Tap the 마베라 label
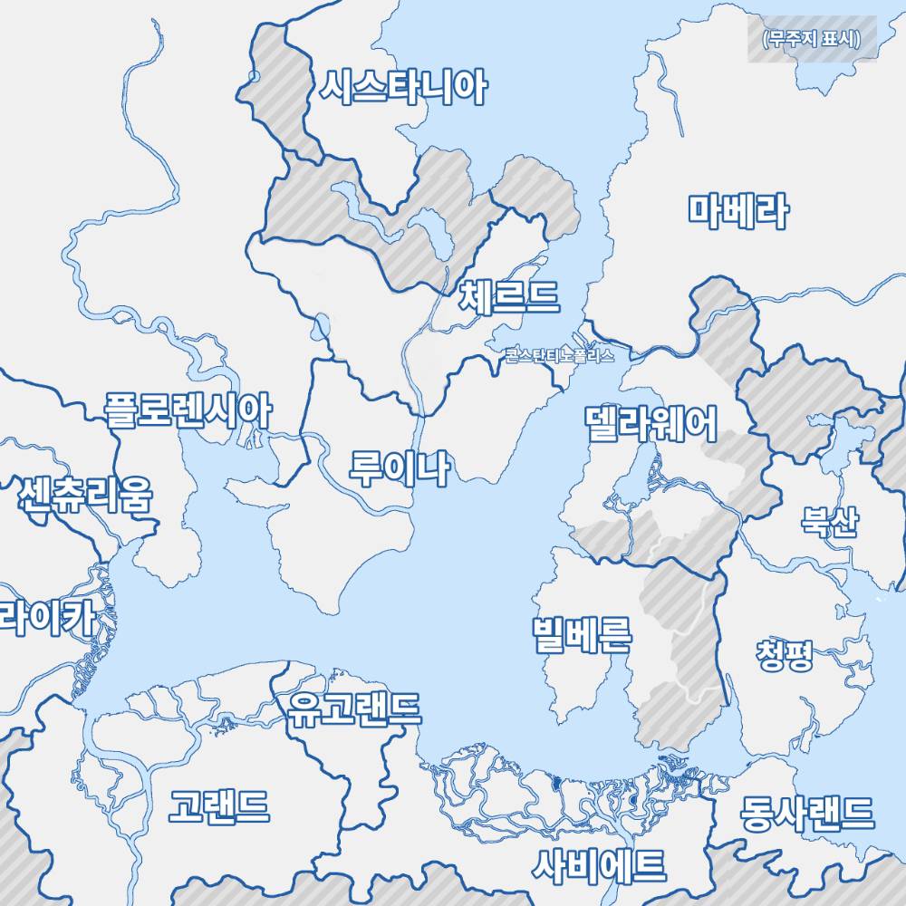tap(737, 211)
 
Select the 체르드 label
tap(509, 295)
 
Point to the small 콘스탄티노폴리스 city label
tap(560, 355)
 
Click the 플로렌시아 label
tap(188, 410)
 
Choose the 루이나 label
tap(399, 468)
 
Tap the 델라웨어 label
tap(651, 422)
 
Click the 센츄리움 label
tap(85, 495)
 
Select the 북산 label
tap(828, 522)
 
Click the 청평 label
tap(784, 652)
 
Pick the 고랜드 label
tap(219, 805)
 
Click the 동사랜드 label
tap(807, 813)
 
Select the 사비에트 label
tap(599, 865)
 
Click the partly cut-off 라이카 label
tap(45, 620)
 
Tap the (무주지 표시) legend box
tap(812, 41)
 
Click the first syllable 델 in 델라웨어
tap(602, 422)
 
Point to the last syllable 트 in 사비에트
tap(650, 865)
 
